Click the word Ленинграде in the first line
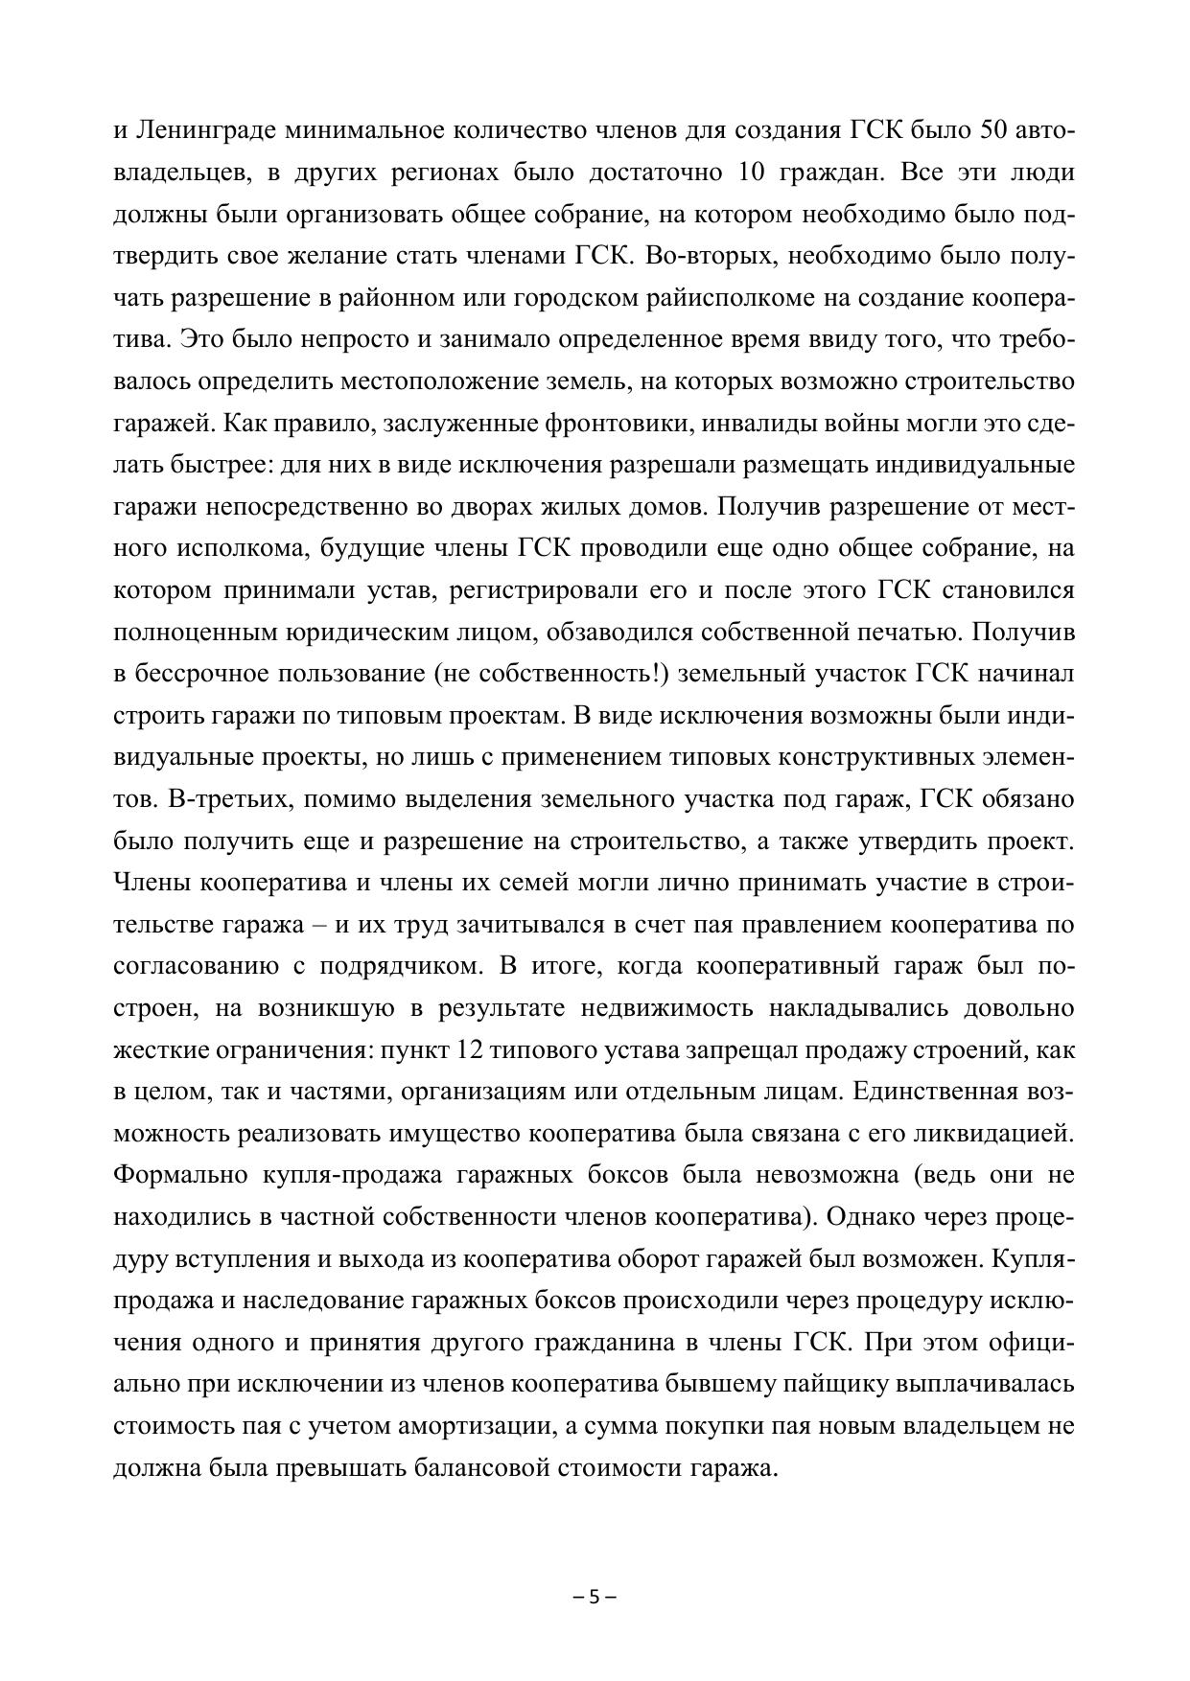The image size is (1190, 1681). [204, 130]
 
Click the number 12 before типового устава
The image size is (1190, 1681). [470, 1050]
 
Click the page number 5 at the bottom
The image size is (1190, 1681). [595, 1598]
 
